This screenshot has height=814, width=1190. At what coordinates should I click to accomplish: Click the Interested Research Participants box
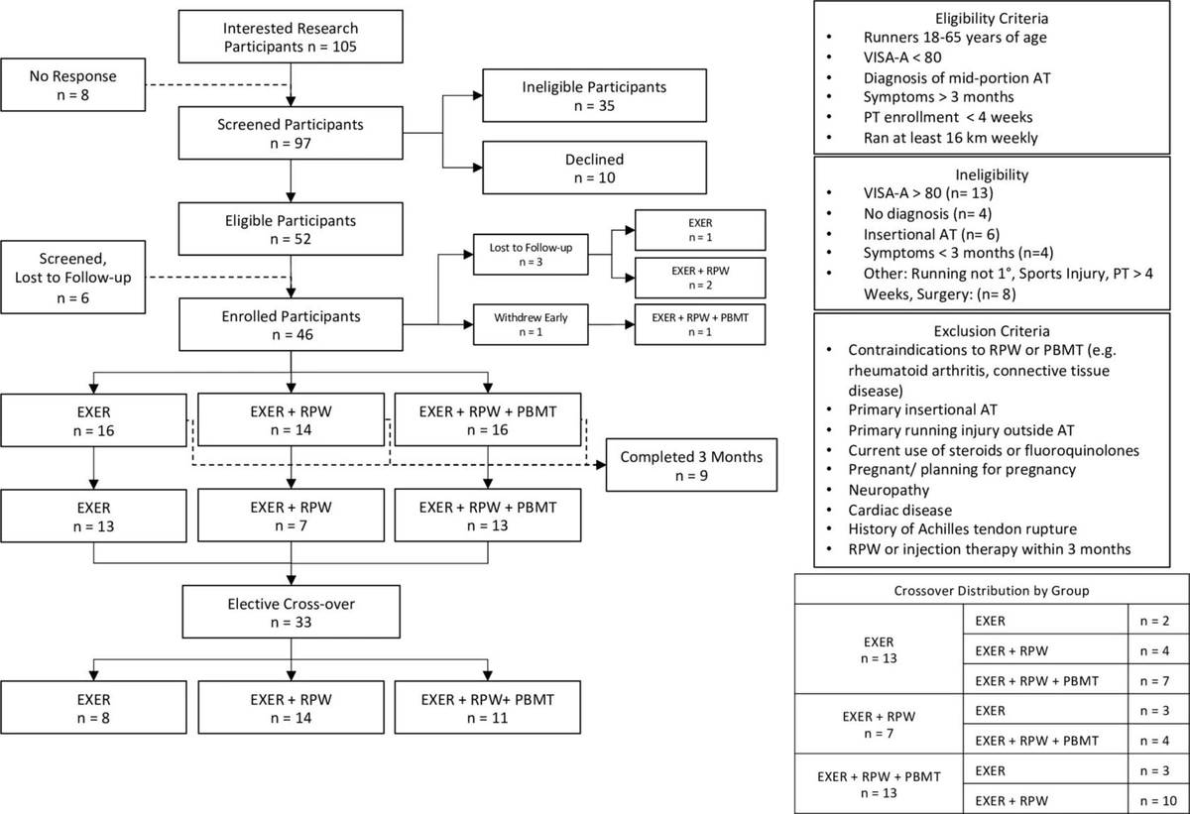[x=291, y=37]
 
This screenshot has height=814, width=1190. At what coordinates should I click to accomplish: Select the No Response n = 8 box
[x=72, y=85]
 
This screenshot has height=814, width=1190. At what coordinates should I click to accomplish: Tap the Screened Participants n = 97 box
[x=291, y=133]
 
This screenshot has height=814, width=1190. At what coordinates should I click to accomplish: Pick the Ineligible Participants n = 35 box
[x=594, y=95]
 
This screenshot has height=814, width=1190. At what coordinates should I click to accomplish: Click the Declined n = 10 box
[x=594, y=168]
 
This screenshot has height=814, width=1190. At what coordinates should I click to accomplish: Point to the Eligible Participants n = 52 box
[x=291, y=229]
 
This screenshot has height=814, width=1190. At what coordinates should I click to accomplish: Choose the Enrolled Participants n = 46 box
[x=291, y=324]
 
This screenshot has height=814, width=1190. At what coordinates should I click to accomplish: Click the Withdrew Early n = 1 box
[x=531, y=324]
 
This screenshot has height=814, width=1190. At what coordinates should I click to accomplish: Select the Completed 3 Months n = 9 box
[x=692, y=465]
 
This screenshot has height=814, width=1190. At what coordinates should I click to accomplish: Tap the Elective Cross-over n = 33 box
[x=292, y=612]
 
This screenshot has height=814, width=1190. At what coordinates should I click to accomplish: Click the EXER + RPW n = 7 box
[x=292, y=516]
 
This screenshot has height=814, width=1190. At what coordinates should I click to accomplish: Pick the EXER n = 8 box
[x=93, y=708]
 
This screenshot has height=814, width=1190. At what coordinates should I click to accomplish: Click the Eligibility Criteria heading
[x=992, y=19]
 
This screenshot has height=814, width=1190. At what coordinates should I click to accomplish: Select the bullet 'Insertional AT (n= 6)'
[x=931, y=234]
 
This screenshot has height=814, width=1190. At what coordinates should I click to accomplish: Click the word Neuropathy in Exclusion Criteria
[x=889, y=490]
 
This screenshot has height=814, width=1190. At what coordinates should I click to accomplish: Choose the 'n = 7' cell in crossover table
[x=1154, y=681]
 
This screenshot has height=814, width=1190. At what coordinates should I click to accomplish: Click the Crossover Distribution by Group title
[x=992, y=591]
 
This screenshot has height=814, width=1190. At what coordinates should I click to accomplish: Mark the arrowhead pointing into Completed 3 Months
[x=601, y=465]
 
